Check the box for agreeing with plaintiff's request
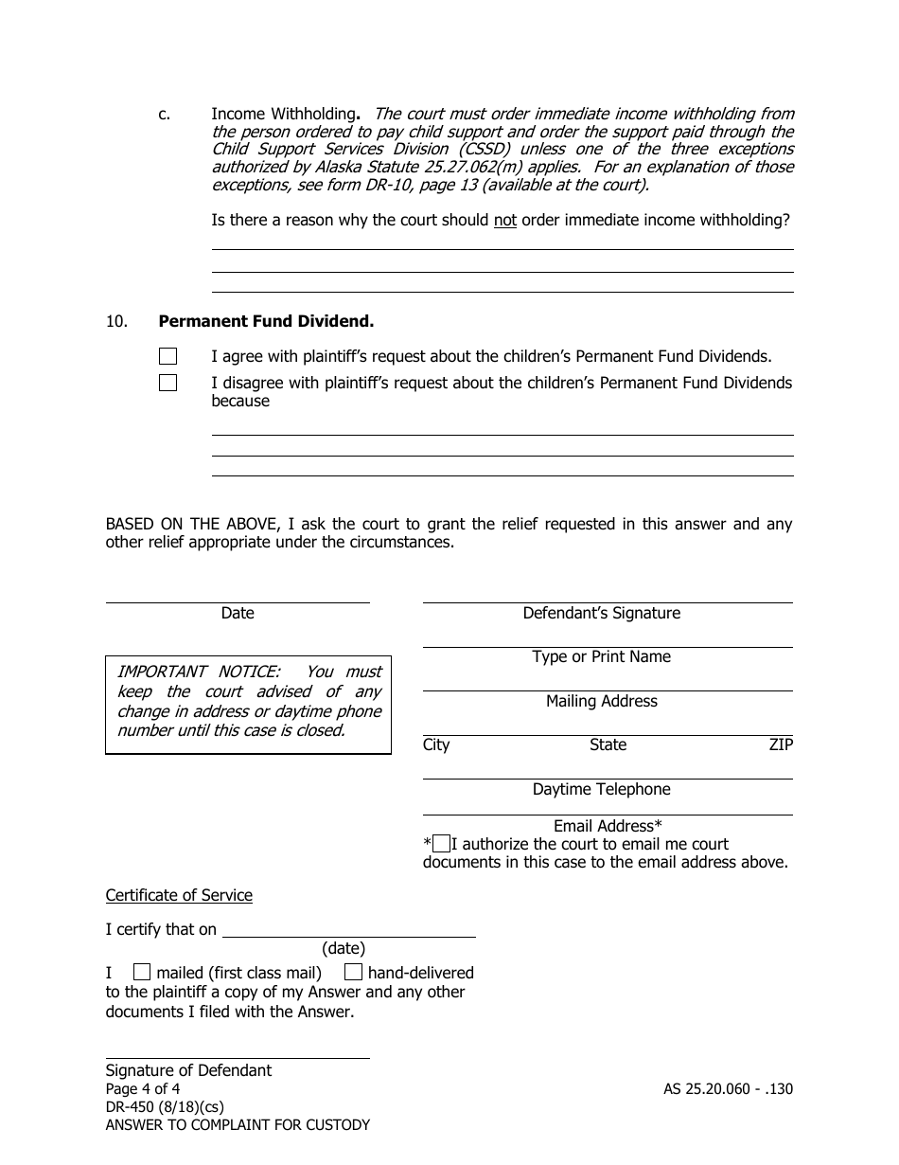[167, 357]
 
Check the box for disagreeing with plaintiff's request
[167, 384]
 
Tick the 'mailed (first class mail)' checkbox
[141, 972]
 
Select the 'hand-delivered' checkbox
[353, 972]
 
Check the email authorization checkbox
[441, 845]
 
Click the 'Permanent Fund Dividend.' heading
[266, 321]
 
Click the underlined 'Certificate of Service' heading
[179, 895]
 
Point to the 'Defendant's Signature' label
[601, 614]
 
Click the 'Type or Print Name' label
[601, 657]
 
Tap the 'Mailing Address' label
[601, 702]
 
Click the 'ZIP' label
[781, 745]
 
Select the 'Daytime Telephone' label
[601, 790]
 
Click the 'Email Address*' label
[608, 826]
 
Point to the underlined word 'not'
[505, 221]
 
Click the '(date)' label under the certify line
[344, 948]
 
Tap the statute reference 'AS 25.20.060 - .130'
[728, 1089]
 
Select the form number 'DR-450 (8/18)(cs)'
[165, 1107]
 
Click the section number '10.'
[116, 321]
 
